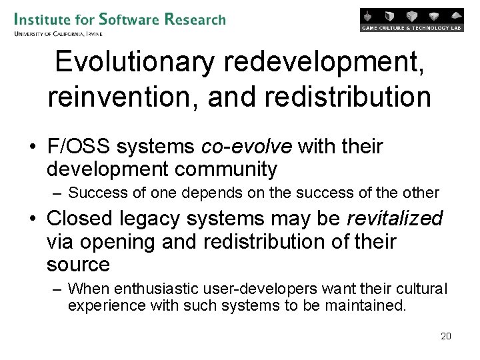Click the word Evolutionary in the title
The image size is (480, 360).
[135, 63]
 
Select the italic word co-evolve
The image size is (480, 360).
[246, 146]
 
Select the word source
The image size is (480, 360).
[78, 265]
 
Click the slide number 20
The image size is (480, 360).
[446, 336]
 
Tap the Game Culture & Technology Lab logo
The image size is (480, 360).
[411, 20]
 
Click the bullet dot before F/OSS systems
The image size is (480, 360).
[33, 147]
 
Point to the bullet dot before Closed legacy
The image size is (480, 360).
[33, 219]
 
